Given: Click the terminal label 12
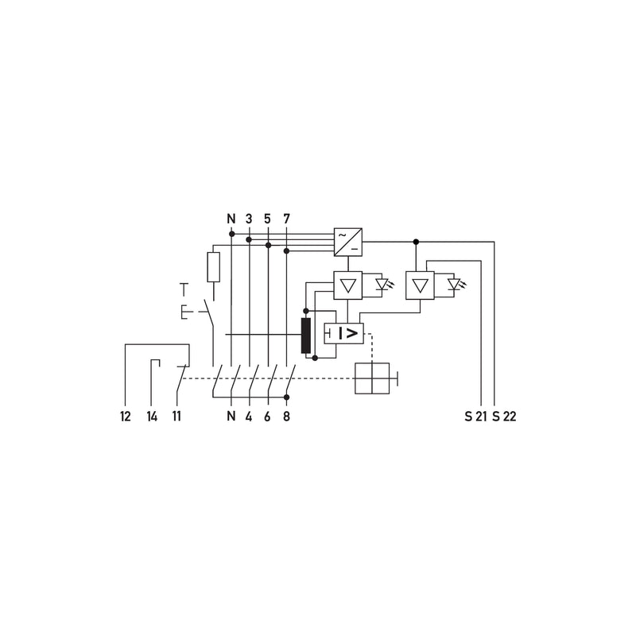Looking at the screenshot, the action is (x=126, y=416).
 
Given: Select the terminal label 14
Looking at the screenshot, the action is (x=152, y=416).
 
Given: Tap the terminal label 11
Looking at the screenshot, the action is (x=176, y=416).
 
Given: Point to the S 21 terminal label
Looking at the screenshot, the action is (x=475, y=416).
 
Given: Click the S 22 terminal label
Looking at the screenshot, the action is (x=504, y=416).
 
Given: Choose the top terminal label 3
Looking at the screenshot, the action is (x=249, y=219).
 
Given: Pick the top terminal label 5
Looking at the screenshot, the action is (x=267, y=219).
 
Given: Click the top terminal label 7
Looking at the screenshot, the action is (x=286, y=219).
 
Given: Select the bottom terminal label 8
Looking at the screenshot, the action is (x=286, y=416).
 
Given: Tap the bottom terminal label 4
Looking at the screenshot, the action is (x=249, y=416).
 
